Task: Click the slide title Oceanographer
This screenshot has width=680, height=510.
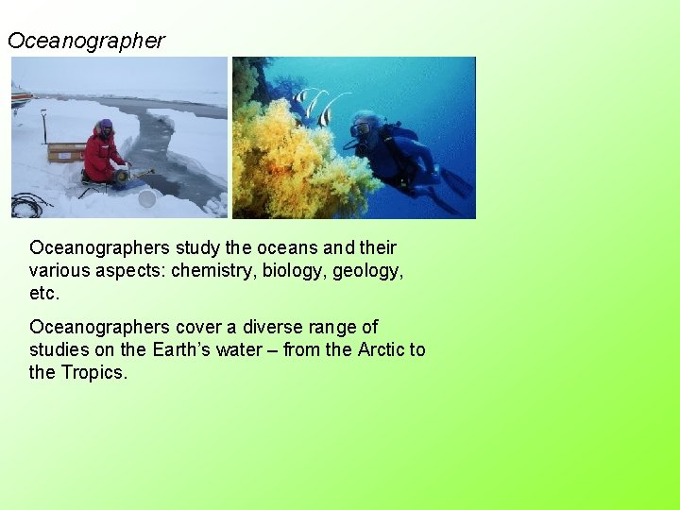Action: [86, 41]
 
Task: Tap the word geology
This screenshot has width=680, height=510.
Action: [369, 270]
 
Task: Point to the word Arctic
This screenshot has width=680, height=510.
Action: [382, 349]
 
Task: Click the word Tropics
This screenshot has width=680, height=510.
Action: [93, 372]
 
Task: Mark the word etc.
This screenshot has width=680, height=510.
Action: [44, 293]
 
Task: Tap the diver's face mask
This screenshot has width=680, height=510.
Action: [360, 129]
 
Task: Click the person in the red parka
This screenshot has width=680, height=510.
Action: [100, 153]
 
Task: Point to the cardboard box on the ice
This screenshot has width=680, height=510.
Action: [66, 151]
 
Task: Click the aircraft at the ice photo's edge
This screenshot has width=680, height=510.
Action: [20, 94]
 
